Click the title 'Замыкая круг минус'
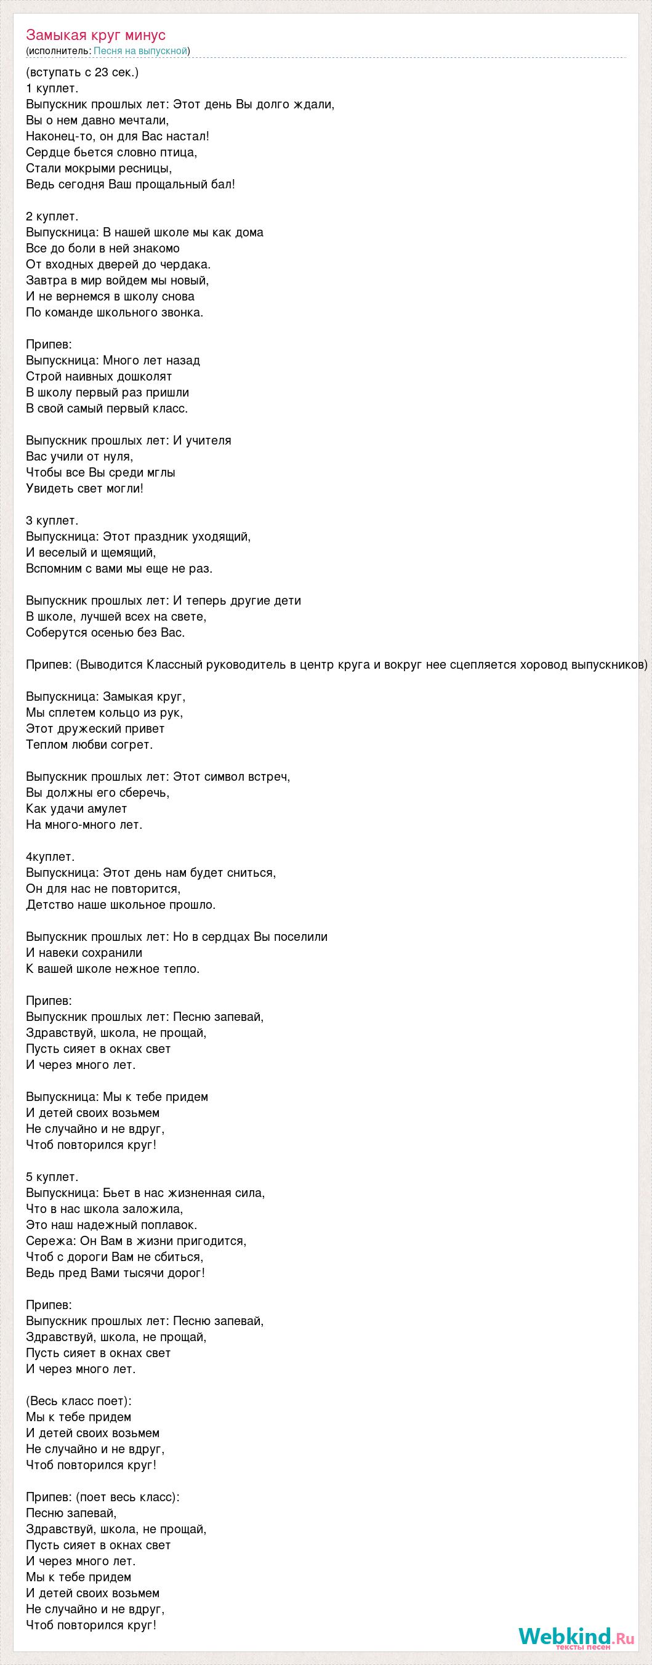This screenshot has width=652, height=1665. (95, 35)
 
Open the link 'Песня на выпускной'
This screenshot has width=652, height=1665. (140, 51)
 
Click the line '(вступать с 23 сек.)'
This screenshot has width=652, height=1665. (82, 73)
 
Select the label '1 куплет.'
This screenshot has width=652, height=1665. (52, 88)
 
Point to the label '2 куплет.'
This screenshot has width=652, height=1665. (52, 217)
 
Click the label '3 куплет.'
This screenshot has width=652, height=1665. (52, 520)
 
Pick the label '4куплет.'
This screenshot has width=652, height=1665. (50, 857)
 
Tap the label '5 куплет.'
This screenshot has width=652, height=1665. (52, 1176)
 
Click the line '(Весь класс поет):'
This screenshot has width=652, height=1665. (78, 1401)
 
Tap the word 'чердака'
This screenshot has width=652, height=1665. (186, 264)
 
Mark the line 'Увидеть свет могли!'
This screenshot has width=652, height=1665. (84, 488)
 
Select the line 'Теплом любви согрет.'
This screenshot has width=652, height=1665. (89, 744)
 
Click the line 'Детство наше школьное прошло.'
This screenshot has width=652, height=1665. (120, 905)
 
